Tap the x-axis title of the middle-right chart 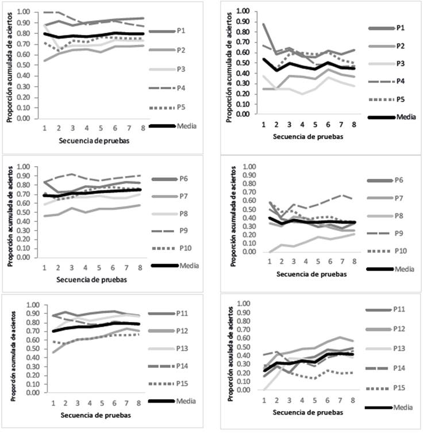(x=311, y=274)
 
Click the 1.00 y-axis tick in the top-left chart (x=25, y=12)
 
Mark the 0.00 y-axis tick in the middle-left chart (x=25, y=257)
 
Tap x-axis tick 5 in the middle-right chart (x=316, y=260)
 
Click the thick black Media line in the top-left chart (x=86, y=36)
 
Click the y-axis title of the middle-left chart (x=10, y=212)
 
